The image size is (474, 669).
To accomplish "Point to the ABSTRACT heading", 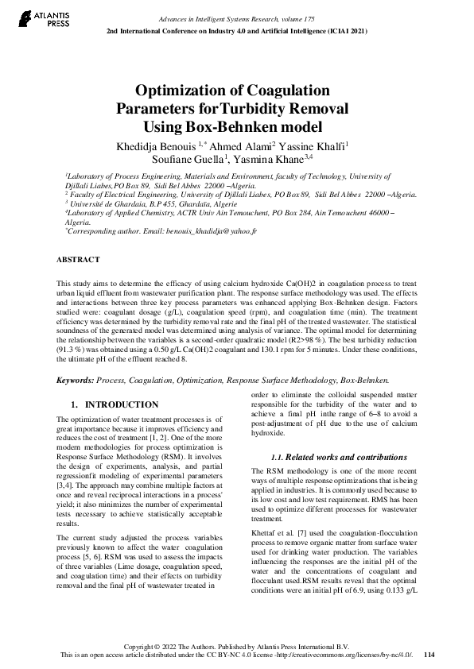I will point(78,260).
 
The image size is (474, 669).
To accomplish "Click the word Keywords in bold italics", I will point(76,381).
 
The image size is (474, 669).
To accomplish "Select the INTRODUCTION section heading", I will point(122,404).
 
